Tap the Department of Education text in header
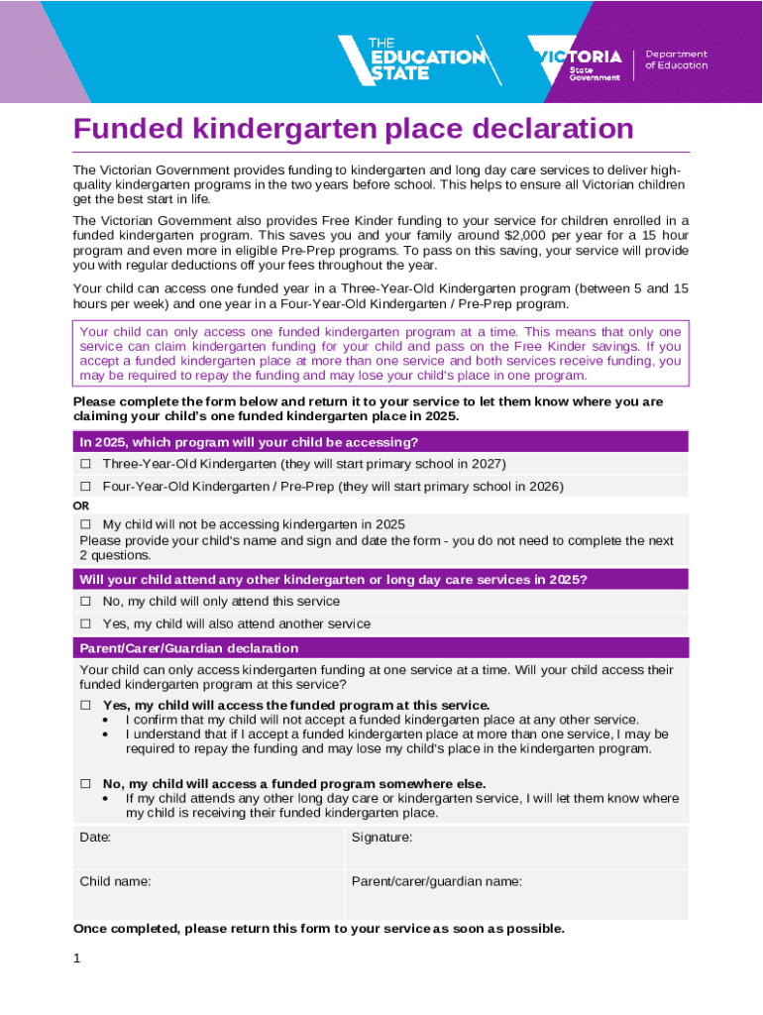coord(677,59)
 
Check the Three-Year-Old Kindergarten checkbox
coord(85,464)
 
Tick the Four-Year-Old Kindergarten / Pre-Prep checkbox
coord(85,487)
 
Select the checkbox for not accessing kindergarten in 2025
coord(85,523)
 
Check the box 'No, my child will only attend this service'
coord(85,601)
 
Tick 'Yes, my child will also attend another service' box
coord(85,623)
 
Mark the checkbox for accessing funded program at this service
coord(85,705)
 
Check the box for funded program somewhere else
coord(85,783)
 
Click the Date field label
coord(95,838)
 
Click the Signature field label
coord(381,838)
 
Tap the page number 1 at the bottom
coord(77,959)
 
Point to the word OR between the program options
coord(81,505)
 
